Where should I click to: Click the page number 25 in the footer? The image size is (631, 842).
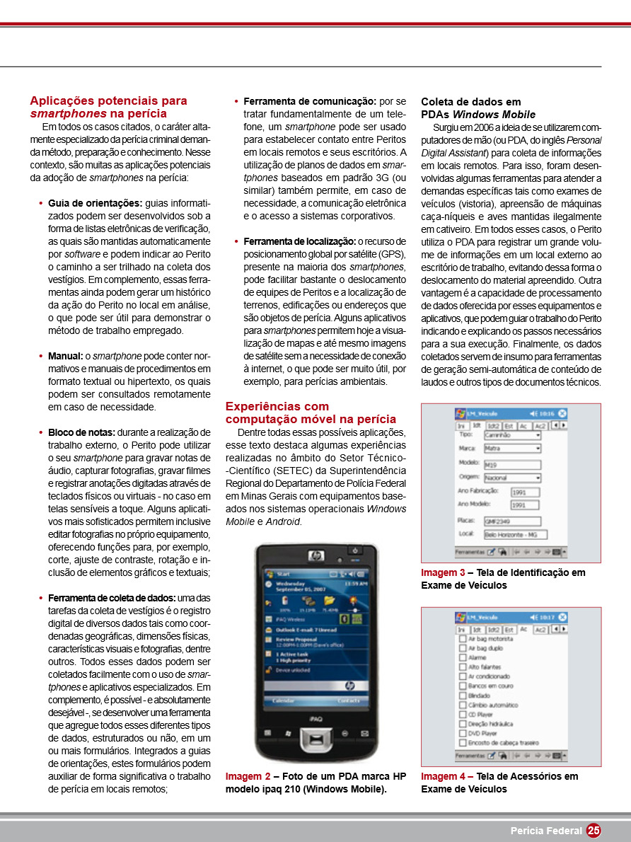coord(594,831)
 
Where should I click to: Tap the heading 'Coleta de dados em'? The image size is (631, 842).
coord(470,102)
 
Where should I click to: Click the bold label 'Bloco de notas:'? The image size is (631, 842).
coord(81,432)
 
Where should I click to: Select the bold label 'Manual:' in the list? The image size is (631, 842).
coord(65,356)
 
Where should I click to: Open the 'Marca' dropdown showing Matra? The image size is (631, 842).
coord(512,449)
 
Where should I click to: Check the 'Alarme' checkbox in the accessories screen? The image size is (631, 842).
coord(463,657)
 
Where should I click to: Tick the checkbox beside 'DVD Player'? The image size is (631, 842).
coord(463,734)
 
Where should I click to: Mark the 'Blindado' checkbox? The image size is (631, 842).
coord(463,695)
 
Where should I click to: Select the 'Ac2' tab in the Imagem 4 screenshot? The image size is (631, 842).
coord(540,628)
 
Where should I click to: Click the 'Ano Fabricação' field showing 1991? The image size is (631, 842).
coord(519,491)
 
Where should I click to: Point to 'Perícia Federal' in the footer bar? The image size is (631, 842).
coord(546,831)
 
